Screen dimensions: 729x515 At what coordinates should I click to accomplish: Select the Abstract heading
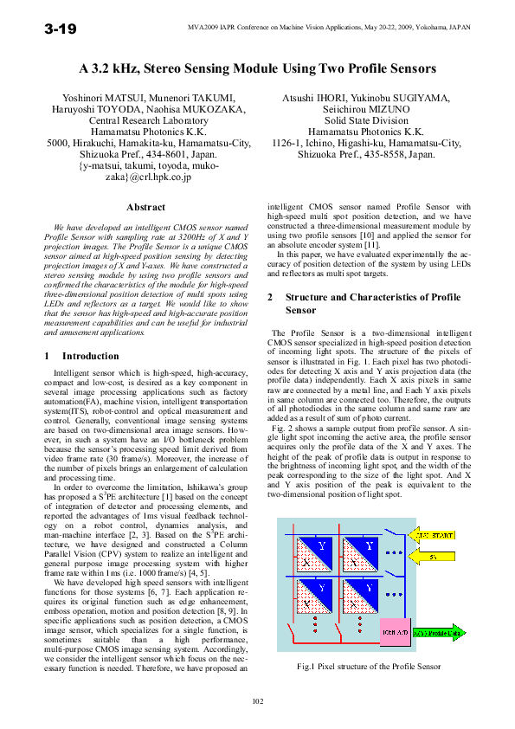145,207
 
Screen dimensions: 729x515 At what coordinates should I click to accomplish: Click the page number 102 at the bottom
257,700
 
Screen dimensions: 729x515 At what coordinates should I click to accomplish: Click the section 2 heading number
270,297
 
